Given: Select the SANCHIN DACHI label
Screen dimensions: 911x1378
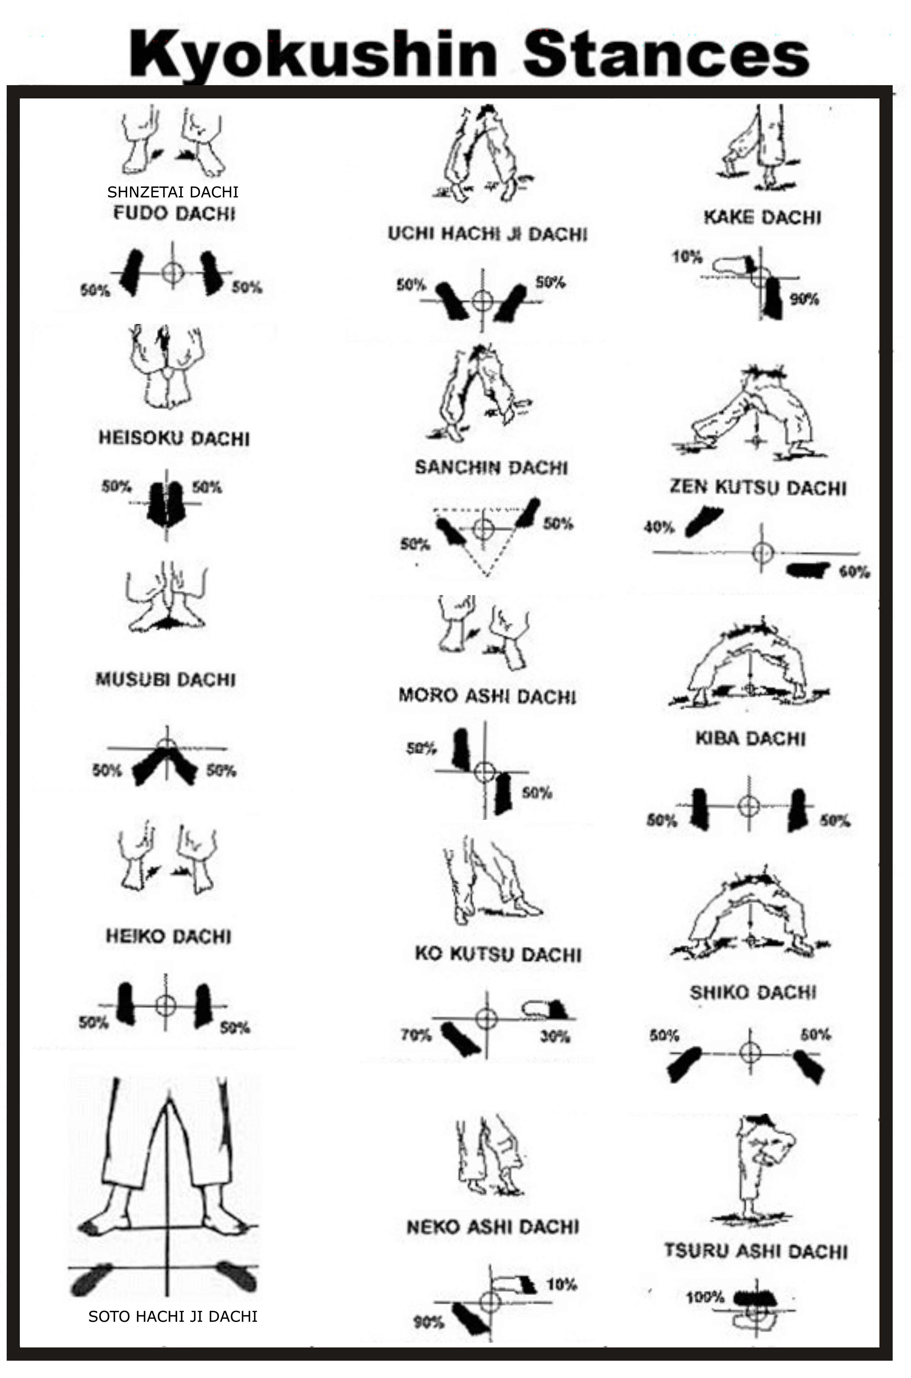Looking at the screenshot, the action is click(x=491, y=468).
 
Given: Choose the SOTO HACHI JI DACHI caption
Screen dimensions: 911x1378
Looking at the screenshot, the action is click(x=173, y=1316).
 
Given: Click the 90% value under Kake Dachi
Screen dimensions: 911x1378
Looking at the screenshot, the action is click(x=804, y=299).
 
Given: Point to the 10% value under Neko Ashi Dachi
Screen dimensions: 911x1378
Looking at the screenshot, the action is click(x=561, y=1285).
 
